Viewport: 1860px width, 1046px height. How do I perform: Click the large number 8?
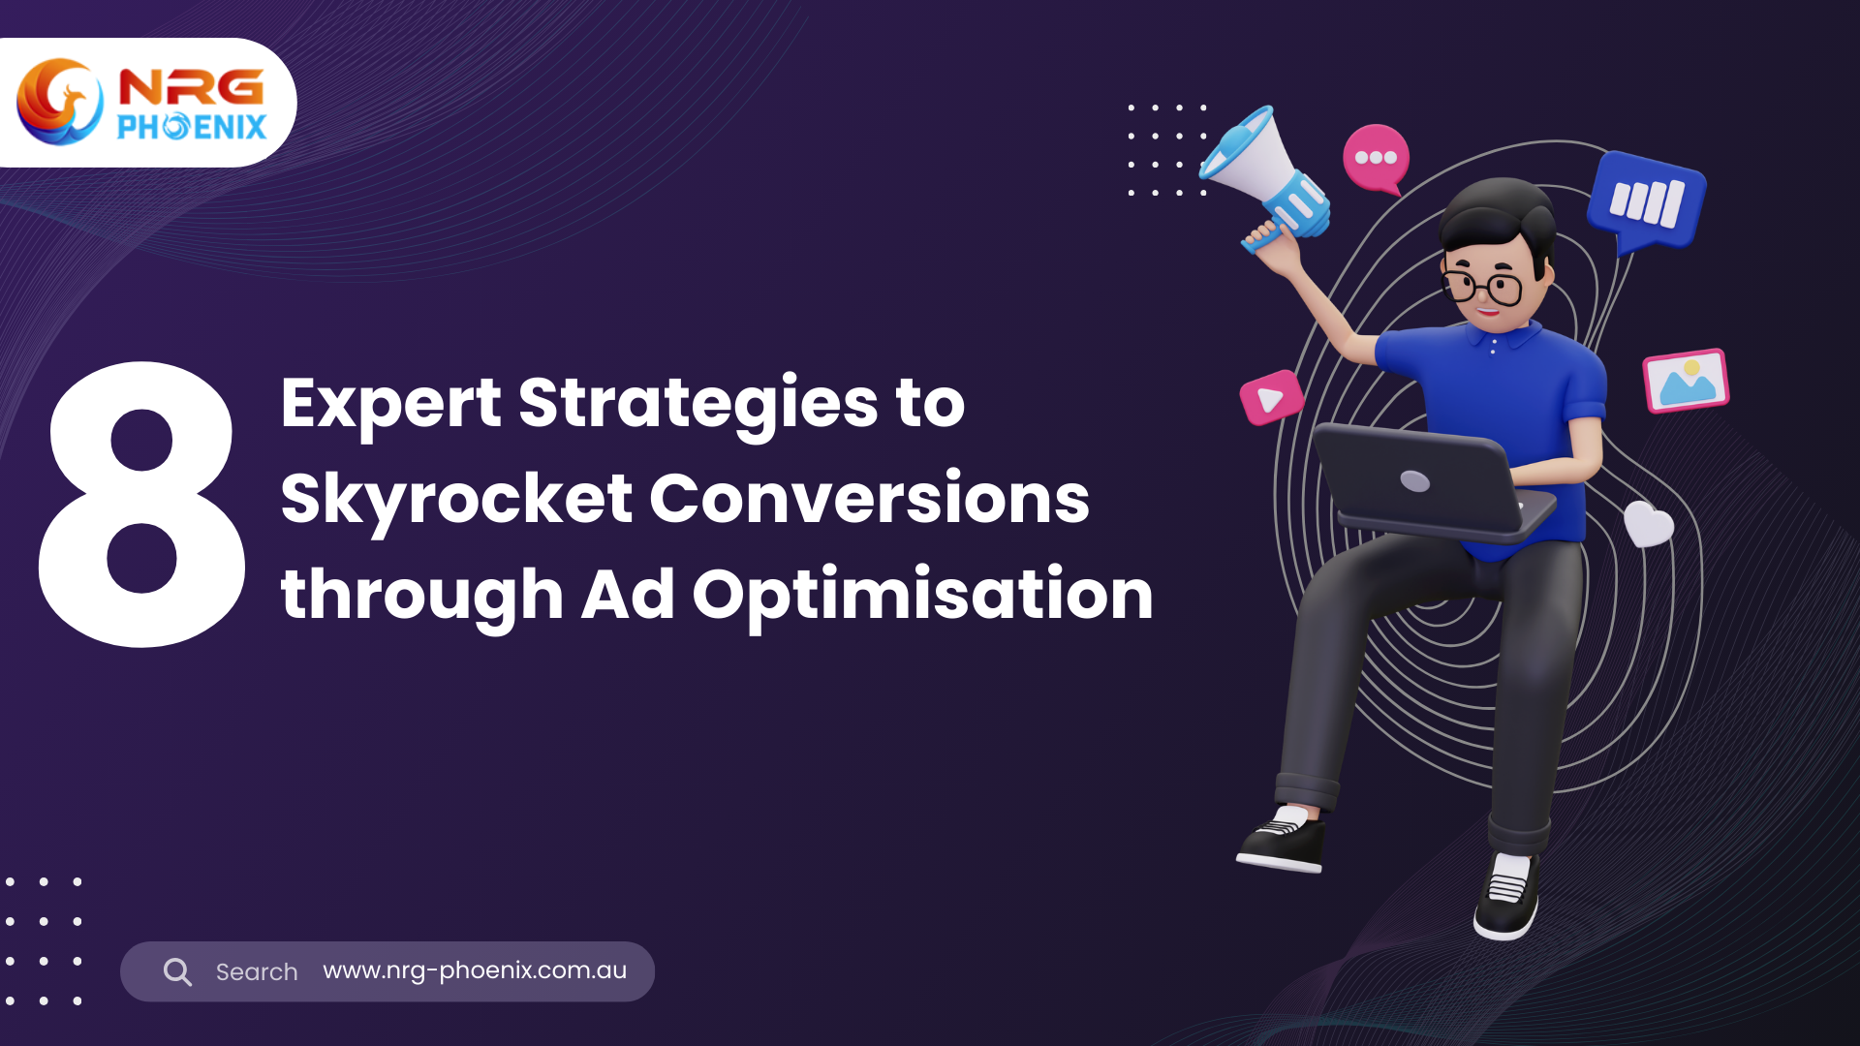141,505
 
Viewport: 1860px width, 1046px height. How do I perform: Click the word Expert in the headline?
390,405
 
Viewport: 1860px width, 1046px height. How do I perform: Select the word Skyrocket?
456,501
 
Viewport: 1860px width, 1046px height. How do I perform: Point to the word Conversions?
869,499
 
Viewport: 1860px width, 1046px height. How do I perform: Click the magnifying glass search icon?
177,971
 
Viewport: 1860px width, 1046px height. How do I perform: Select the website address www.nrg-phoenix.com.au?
475,970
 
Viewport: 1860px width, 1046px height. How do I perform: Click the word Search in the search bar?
257,971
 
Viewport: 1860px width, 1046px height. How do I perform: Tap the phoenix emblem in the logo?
60,102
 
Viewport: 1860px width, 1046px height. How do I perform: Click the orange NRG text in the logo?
191,87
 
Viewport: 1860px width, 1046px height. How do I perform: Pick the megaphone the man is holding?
1264,174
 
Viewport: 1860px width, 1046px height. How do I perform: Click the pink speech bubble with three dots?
1376,159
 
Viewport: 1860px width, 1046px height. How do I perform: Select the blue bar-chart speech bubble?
1646,201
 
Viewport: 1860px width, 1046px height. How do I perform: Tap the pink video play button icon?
1271,397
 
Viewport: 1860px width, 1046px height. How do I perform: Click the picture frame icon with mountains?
1686,381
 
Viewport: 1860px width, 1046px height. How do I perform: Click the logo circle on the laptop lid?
1415,481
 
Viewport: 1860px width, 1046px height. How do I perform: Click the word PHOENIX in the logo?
192,127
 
